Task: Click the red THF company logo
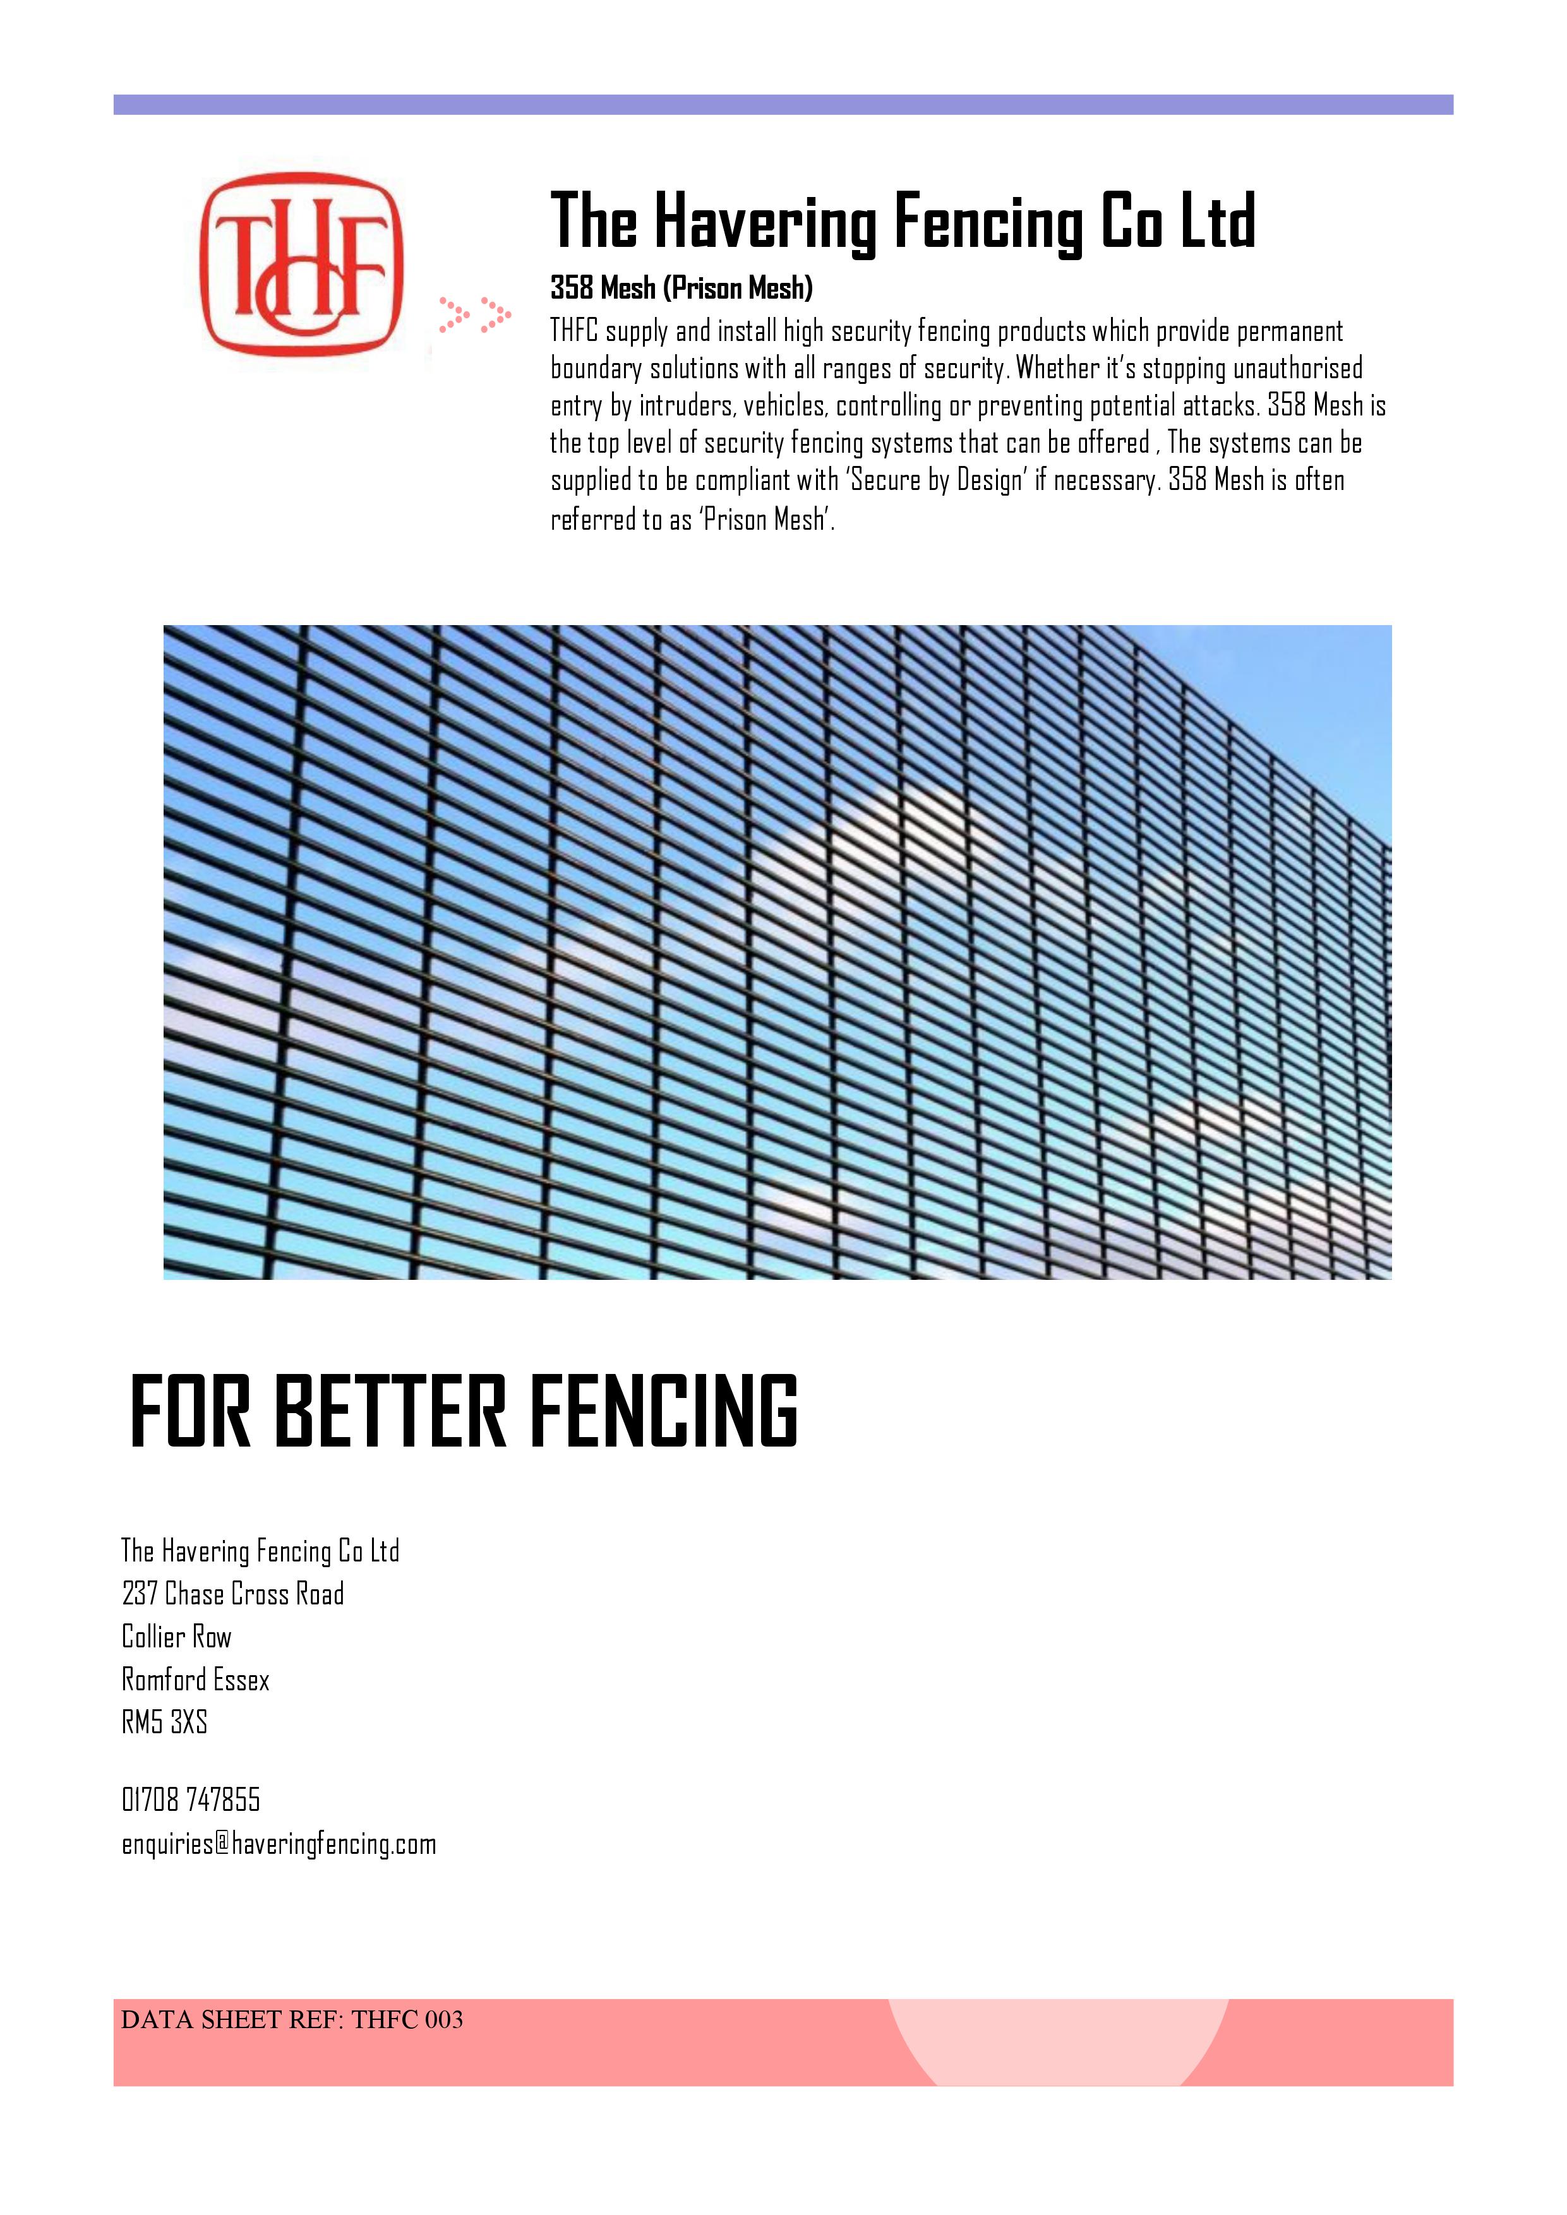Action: point(301,265)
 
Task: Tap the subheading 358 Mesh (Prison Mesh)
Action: point(681,287)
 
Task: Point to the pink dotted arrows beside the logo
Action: point(474,314)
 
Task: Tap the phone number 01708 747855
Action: point(191,1799)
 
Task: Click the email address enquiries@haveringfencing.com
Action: point(279,1844)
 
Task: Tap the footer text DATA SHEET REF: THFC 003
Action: point(291,2019)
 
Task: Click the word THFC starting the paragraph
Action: point(574,331)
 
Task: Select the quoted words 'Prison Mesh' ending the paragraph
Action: point(764,520)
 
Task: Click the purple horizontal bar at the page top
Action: point(783,104)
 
